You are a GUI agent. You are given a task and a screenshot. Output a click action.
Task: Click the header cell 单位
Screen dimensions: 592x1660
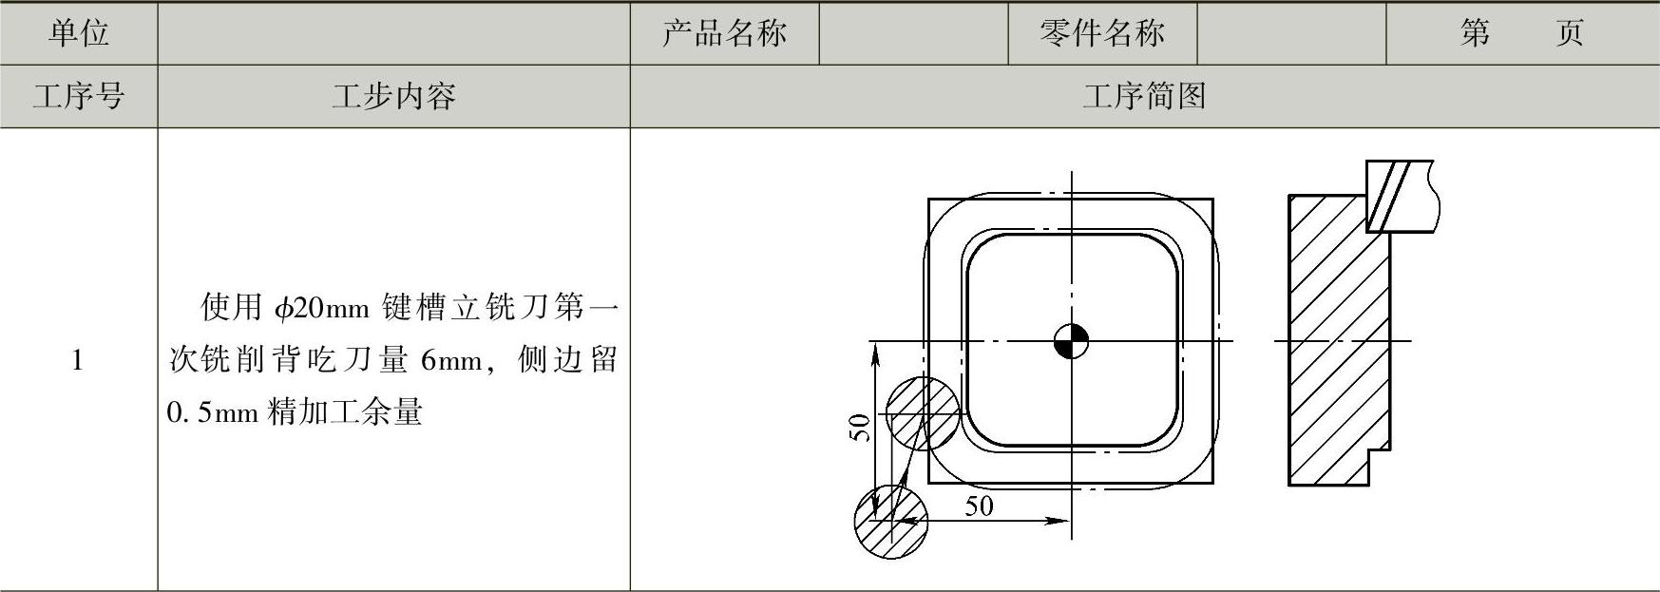tap(79, 33)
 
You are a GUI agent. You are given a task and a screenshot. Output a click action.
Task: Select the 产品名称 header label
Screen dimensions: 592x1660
tap(724, 33)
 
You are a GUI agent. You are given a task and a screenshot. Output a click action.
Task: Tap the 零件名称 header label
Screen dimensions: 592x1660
tap(1101, 33)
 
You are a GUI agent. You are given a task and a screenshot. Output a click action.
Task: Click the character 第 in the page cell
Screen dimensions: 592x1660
tap(1475, 33)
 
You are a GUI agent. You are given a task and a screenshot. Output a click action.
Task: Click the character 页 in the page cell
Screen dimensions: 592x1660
tap(1569, 33)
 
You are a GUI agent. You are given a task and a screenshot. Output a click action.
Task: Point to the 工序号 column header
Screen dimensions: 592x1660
tap(79, 96)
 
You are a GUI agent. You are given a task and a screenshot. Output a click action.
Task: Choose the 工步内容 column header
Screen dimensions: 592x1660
tap(393, 96)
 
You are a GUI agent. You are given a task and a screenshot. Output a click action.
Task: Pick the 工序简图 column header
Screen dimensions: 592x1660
tap(1144, 96)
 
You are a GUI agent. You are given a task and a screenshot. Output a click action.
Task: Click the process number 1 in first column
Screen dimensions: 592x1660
tap(78, 361)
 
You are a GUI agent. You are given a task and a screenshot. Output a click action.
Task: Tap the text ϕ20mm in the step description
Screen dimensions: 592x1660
tap(321, 308)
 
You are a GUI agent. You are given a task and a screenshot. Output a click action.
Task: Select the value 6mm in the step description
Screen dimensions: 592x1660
tap(451, 360)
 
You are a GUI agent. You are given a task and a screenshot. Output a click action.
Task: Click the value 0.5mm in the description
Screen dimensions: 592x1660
tap(212, 412)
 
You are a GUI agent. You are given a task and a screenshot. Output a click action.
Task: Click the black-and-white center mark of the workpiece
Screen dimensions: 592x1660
tap(1072, 341)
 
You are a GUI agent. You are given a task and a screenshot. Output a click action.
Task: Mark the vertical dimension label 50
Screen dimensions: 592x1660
tap(859, 428)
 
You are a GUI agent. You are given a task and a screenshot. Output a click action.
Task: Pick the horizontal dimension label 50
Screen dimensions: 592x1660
tap(979, 506)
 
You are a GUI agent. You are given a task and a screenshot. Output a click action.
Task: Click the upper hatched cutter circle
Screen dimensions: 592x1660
tap(923, 413)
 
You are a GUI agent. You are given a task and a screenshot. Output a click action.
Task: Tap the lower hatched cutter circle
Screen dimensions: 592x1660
tap(890, 521)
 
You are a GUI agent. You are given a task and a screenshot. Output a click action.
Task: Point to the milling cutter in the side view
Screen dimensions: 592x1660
tap(1398, 196)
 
